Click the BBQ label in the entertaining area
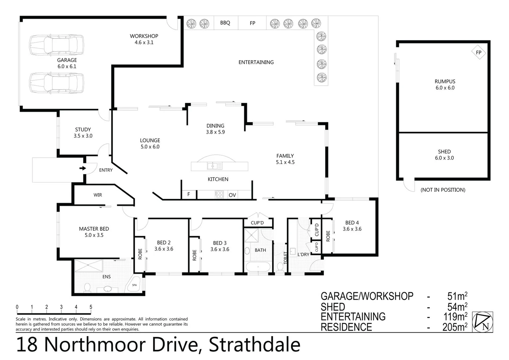[x=225, y=23]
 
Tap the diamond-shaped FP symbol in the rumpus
[x=478, y=53]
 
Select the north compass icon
[x=483, y=322]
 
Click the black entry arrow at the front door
[x=82, y=168]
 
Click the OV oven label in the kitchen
[x=232, y=195]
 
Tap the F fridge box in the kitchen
[x=189, y=194]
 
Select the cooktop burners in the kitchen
[x=220, y=194]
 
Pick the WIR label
[x=98, y=195]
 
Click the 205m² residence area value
[x=455, y=327]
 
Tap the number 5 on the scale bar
[x=91, y=307]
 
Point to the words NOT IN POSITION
[x=443, y=190]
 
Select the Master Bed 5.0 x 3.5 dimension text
[x=94, y=235]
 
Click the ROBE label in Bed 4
[x=328, y=236]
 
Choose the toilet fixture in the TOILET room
[x=279, y=267]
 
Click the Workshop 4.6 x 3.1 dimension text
[x=144, y=42]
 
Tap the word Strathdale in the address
[x=254, y=345]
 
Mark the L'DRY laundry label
[x=303, y=254]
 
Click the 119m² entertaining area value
[x=455, y=316]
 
